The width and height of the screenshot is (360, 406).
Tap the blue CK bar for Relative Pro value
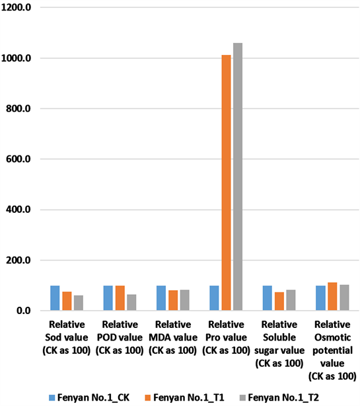(214, 298)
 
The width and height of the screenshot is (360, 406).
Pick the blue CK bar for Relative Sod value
(55, 298)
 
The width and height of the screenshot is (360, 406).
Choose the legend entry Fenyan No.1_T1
(192, 397)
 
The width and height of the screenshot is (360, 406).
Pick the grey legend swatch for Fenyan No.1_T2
(244, 397)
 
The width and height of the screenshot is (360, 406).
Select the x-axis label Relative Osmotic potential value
(332, 350)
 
